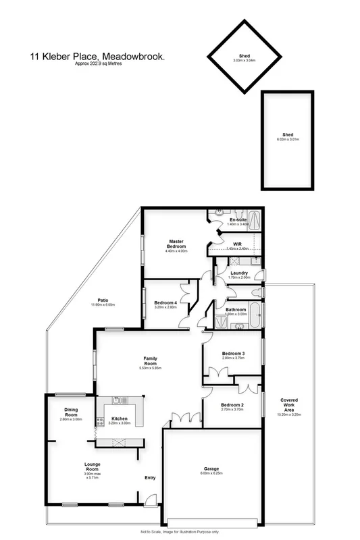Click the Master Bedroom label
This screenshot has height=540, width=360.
click(176, 244)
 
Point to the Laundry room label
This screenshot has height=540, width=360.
click(239, 273)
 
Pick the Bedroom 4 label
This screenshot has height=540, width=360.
click(165, 302)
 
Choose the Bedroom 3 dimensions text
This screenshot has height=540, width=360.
click(233, 358)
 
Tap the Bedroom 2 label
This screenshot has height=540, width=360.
click(232, 404)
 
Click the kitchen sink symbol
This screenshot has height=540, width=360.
click(116, 400)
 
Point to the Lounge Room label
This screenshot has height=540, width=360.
click(93, 464)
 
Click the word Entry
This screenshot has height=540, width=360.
click(150, 479)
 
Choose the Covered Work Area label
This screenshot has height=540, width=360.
click(288, 404)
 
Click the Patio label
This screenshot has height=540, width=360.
click(103, 300)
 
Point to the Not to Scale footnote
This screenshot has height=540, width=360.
click(180, 533)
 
